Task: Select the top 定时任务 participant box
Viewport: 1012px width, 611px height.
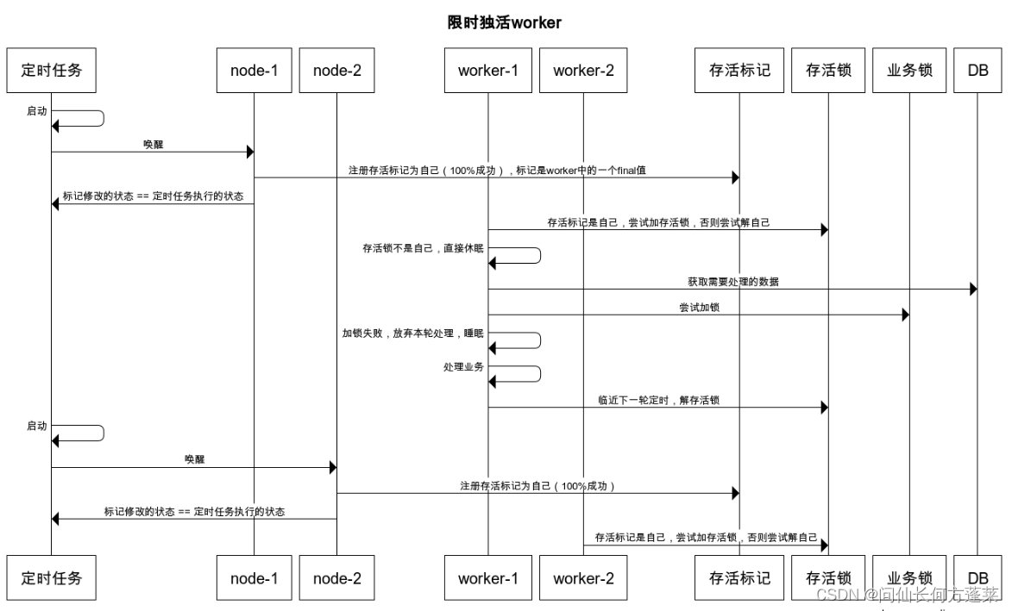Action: pos(51,71)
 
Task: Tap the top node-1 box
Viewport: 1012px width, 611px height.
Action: pos(254,71)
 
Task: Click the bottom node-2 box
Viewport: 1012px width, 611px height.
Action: pos(336,578)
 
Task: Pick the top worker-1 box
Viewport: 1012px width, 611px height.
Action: pos(487,71)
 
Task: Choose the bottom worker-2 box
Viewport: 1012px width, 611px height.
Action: pos(583,578)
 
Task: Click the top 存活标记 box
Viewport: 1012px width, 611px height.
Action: pos(739,71)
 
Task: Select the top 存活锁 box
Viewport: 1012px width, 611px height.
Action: pos(828,71)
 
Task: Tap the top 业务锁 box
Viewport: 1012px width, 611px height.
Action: pos(908,71)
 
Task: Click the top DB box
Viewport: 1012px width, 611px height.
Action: pos(977,71)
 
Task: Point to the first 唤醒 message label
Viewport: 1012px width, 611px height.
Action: pos(153,144)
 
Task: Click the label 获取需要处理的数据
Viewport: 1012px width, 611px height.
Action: pos(732,282)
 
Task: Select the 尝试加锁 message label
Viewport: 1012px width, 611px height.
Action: pos(699,308)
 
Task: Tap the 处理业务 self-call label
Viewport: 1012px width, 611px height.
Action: pos(463,366)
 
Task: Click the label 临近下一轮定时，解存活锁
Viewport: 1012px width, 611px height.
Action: pos(659,400)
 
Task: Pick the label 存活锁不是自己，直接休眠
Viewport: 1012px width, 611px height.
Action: pos(423,247)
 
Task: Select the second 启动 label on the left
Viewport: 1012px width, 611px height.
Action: pos(37,426)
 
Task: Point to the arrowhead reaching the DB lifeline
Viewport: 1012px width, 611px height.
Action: pos(973,290)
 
